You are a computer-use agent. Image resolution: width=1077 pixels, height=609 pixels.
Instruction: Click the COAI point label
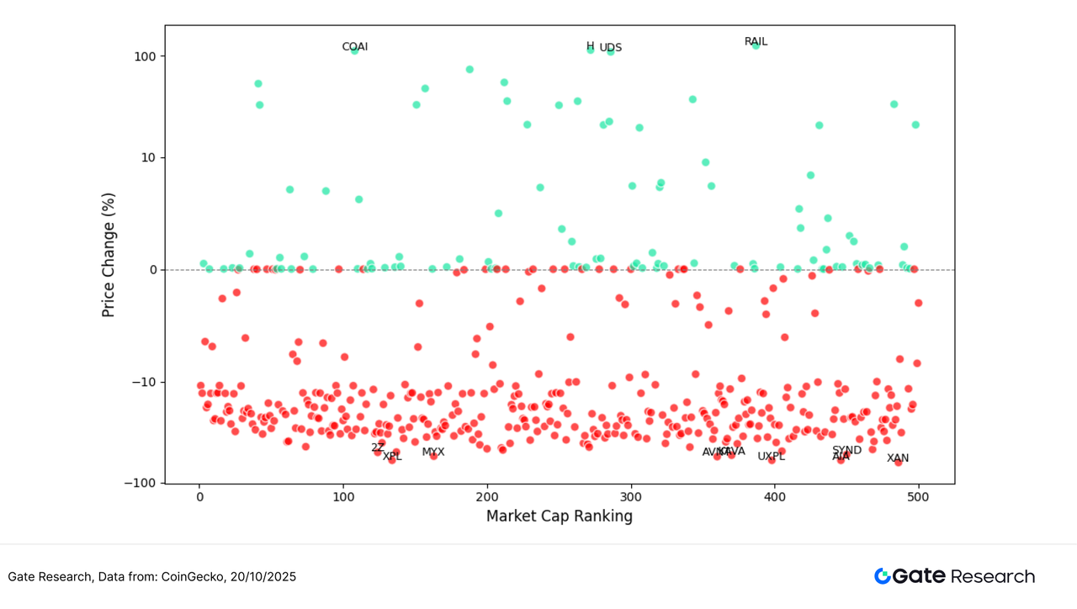(x=354, y=47)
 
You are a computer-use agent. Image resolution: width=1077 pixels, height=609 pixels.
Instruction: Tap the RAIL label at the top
(x=756, y=42)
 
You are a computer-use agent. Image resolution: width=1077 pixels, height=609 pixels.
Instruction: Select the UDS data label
(x=611, y=48)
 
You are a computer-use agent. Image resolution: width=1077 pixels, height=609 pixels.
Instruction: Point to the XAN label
(x=898, y=458)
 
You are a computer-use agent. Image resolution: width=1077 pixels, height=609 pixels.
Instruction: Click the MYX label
(x=433, y=453)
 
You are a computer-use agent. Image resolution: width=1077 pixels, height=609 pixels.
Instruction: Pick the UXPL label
(x=771, y=457)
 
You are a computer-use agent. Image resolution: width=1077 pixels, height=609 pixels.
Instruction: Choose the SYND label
(x=846, y=450)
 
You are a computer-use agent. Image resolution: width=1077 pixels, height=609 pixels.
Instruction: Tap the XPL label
(x=392, y=457)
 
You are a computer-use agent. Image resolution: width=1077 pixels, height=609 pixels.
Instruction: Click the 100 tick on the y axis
(x=146, y=56)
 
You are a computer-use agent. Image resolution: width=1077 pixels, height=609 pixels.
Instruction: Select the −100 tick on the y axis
(x=141, y=484)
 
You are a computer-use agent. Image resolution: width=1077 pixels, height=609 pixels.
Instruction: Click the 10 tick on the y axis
(x=149, y=158)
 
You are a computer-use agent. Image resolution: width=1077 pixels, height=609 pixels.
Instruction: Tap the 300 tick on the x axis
(x=631, y=497)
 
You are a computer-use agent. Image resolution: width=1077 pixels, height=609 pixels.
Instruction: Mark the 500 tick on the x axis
(x=918, y=497)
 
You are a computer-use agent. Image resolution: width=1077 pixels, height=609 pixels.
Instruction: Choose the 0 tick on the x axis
(x=199, y=497)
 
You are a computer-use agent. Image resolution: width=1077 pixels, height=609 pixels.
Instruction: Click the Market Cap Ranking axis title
(x=560, y=516)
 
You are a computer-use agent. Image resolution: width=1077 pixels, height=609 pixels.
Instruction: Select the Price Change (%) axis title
(x=109, y=255)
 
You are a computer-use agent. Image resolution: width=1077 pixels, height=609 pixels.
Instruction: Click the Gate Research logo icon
(x=883, y=576)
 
